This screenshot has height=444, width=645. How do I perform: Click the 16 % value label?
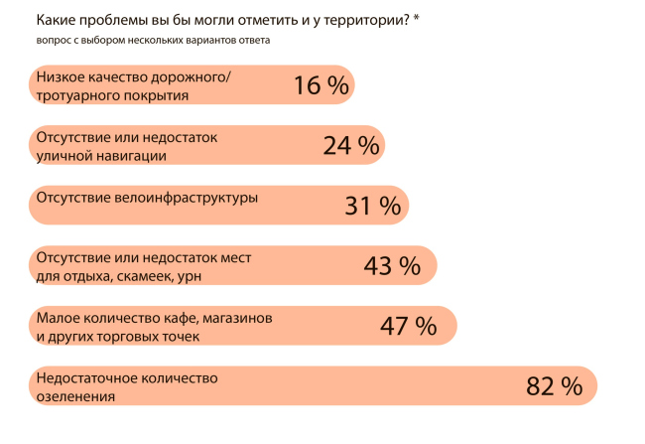(321, 86)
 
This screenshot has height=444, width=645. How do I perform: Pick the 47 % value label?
(408, 326)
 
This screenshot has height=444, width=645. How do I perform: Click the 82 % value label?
(554, 386)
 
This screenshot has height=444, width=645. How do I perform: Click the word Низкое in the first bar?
(62, 76)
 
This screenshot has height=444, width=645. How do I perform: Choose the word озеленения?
(74, 395)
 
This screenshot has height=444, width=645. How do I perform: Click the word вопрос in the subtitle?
(53, 41)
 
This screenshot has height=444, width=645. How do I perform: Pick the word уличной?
(63, 155)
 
